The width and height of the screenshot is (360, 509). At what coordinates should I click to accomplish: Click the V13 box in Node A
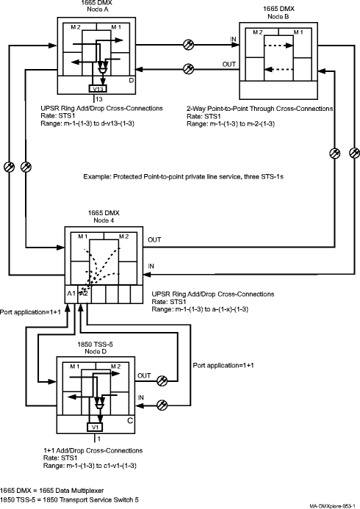[98, 88]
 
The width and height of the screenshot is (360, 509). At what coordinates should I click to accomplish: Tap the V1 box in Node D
[95, 427]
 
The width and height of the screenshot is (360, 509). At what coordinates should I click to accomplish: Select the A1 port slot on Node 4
[71, 294]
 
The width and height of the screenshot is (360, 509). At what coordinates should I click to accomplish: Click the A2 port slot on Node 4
[84, 294]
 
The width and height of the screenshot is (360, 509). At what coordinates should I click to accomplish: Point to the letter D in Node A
[132, 80]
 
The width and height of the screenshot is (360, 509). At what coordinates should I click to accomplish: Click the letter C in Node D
[130, 421]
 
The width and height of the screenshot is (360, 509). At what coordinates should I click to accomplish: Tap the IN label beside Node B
[233, 39]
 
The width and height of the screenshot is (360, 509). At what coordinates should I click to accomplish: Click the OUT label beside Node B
[228, 65]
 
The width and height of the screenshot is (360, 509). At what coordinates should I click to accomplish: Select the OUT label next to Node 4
[154, 240]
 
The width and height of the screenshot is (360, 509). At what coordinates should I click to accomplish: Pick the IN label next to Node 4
[151, 266]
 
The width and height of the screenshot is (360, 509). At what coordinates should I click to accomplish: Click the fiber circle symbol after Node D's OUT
[162, 380]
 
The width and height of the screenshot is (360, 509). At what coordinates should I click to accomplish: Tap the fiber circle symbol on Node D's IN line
[162, 405]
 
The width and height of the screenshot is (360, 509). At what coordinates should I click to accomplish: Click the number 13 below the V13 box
[98, 99]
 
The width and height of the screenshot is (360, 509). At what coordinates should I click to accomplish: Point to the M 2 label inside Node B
[258, 32]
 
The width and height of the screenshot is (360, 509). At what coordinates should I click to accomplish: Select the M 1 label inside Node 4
[83, 237]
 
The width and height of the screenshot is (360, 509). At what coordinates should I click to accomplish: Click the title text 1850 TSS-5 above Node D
[95, 344]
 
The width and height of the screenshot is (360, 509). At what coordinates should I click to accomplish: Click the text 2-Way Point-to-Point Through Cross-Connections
[259, 109]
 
